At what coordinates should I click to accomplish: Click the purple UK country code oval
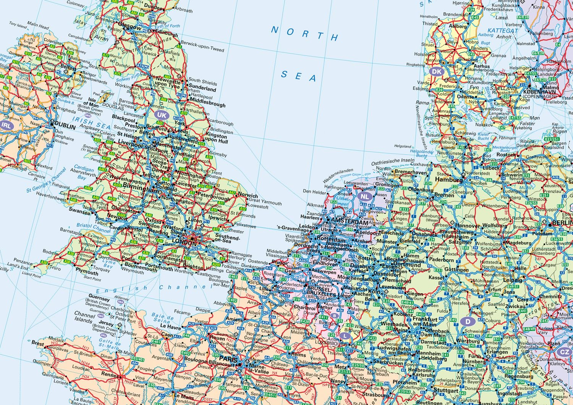(162, 115)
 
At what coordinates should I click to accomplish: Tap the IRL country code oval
(6, 125)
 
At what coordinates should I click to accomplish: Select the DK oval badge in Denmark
(437, 71)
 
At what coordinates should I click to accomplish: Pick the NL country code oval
(365, 196)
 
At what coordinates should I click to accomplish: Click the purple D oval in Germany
(468, 321)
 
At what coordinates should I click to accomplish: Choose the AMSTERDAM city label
(351, 222)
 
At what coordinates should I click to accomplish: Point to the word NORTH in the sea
(305, 34)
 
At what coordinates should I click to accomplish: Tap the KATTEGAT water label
(503, 31)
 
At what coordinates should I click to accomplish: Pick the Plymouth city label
(87, 272)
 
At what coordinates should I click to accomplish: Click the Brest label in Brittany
(38, 343)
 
